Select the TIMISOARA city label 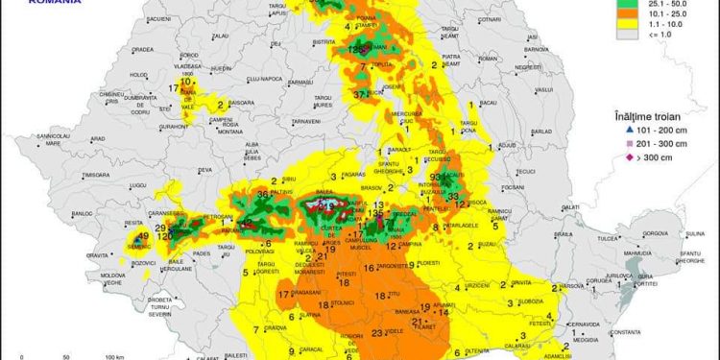pos(96,176)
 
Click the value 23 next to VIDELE pos(377,333)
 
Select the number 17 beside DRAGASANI pos(282,295)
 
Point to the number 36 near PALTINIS pos(263,195)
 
